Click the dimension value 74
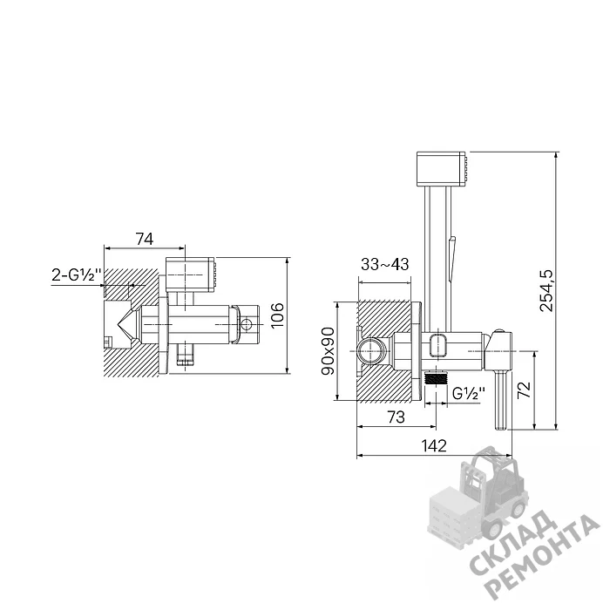144,239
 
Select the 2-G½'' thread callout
77,274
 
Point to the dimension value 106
277,315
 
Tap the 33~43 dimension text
385,264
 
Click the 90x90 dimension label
328,351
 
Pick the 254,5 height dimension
546,290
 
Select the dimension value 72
525,390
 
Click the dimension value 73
396,417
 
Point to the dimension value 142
434,445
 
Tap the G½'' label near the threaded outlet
469,393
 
